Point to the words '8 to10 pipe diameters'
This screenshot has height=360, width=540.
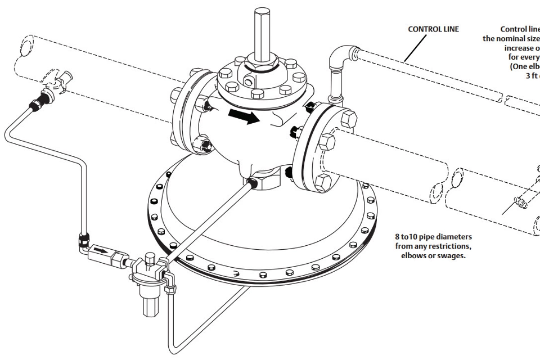coord(430,237)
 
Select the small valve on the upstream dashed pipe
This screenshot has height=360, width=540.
coord(56,78)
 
